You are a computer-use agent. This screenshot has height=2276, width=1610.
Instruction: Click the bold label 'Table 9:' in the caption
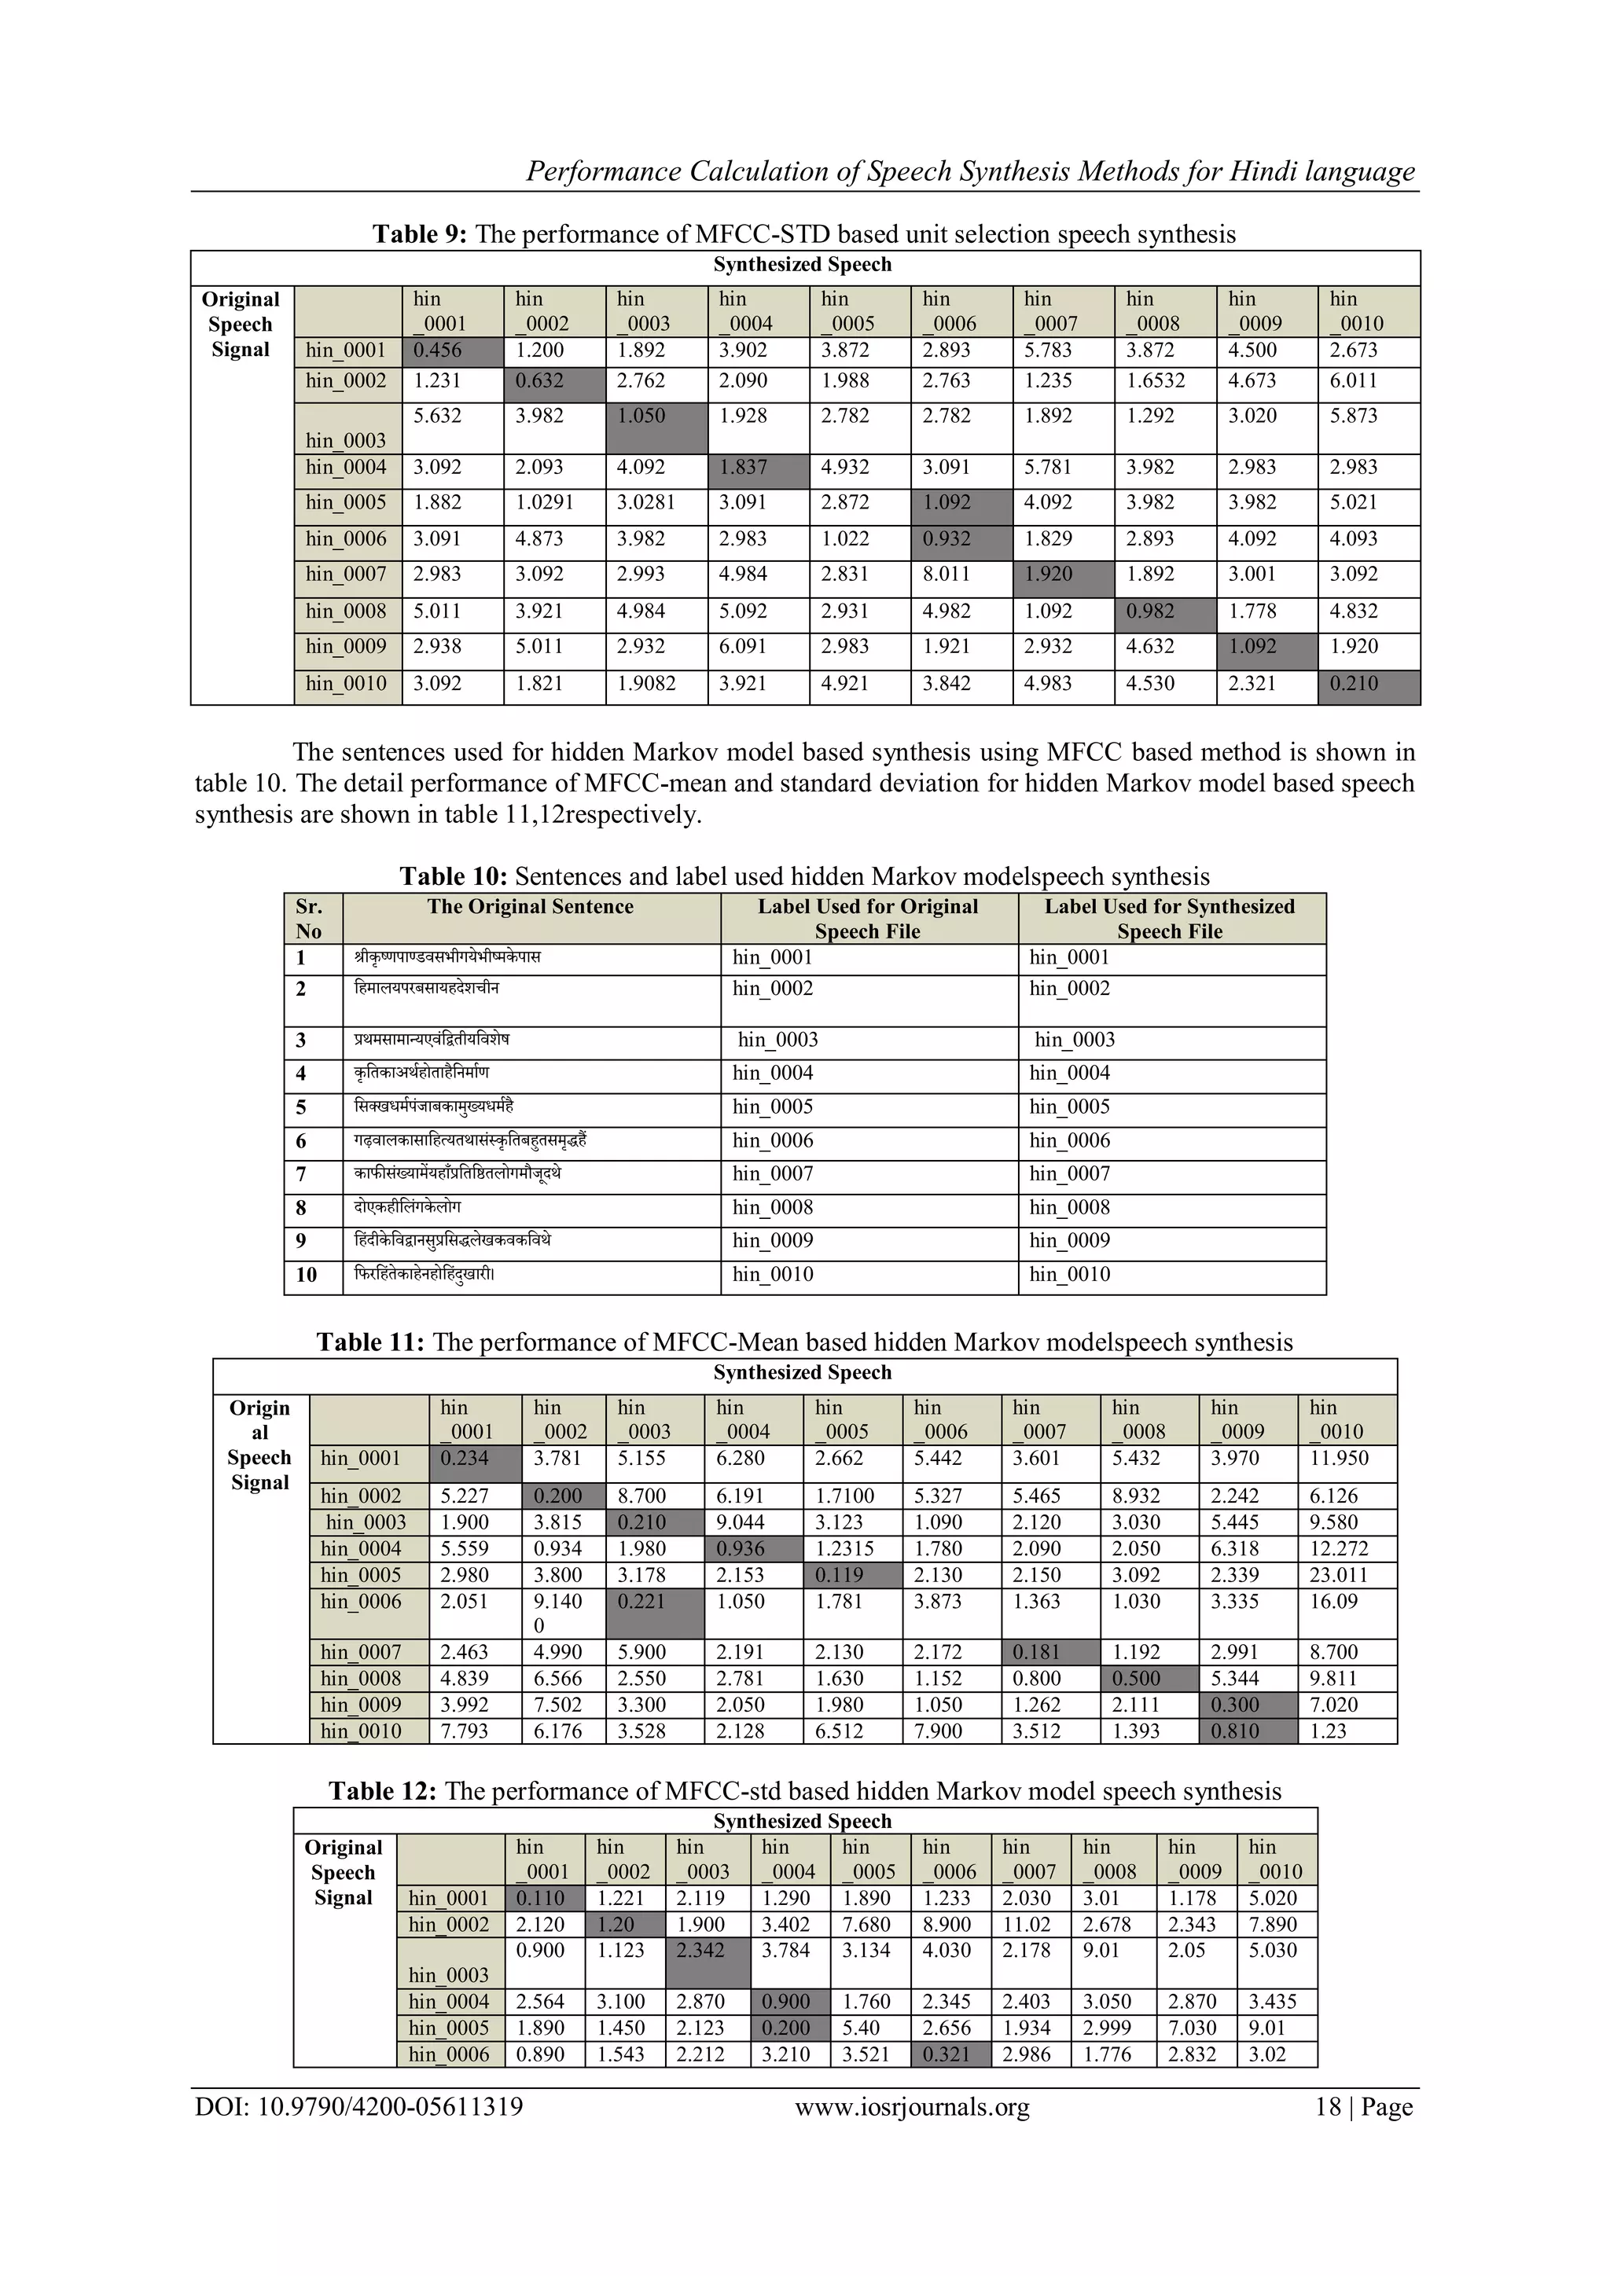(x=421, y=234)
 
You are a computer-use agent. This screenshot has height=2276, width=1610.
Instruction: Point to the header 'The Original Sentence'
(x=531, y=906)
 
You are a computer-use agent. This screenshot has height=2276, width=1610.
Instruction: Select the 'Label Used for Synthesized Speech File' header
(x=1169, y=918)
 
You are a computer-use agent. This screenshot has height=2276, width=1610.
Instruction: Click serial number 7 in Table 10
(x=301, y=1175)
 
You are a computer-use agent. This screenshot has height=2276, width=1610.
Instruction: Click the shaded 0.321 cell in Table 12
(x=946, y=2055)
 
